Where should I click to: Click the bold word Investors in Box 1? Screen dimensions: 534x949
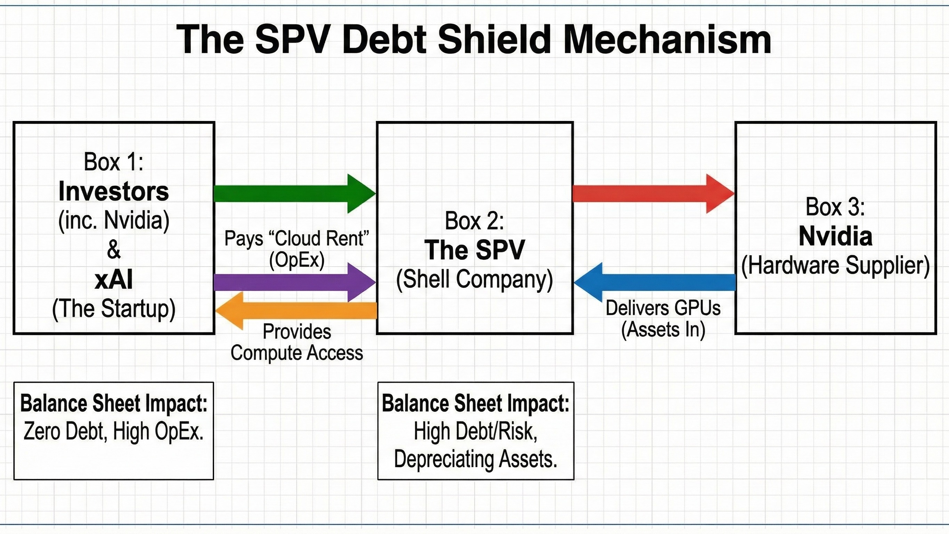pos(113,192)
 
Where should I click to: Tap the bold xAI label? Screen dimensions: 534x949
pos(113,280)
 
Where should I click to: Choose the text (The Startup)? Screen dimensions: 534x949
pos(113,309)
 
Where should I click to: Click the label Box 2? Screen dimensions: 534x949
pos(474,221)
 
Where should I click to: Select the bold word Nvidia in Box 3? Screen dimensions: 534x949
pos(835,236)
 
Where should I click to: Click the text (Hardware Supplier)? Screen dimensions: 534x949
pos(835,265)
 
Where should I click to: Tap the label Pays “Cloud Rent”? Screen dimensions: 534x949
pos(297,238)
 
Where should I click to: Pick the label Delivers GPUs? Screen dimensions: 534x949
pos(663,308)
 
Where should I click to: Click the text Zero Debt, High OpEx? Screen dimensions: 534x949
pos(113,431)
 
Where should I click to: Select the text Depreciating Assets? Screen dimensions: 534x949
pos(475,459)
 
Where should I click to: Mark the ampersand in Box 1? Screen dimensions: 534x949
pos(113,250)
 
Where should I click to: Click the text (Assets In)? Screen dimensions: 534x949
pos(663,330)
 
